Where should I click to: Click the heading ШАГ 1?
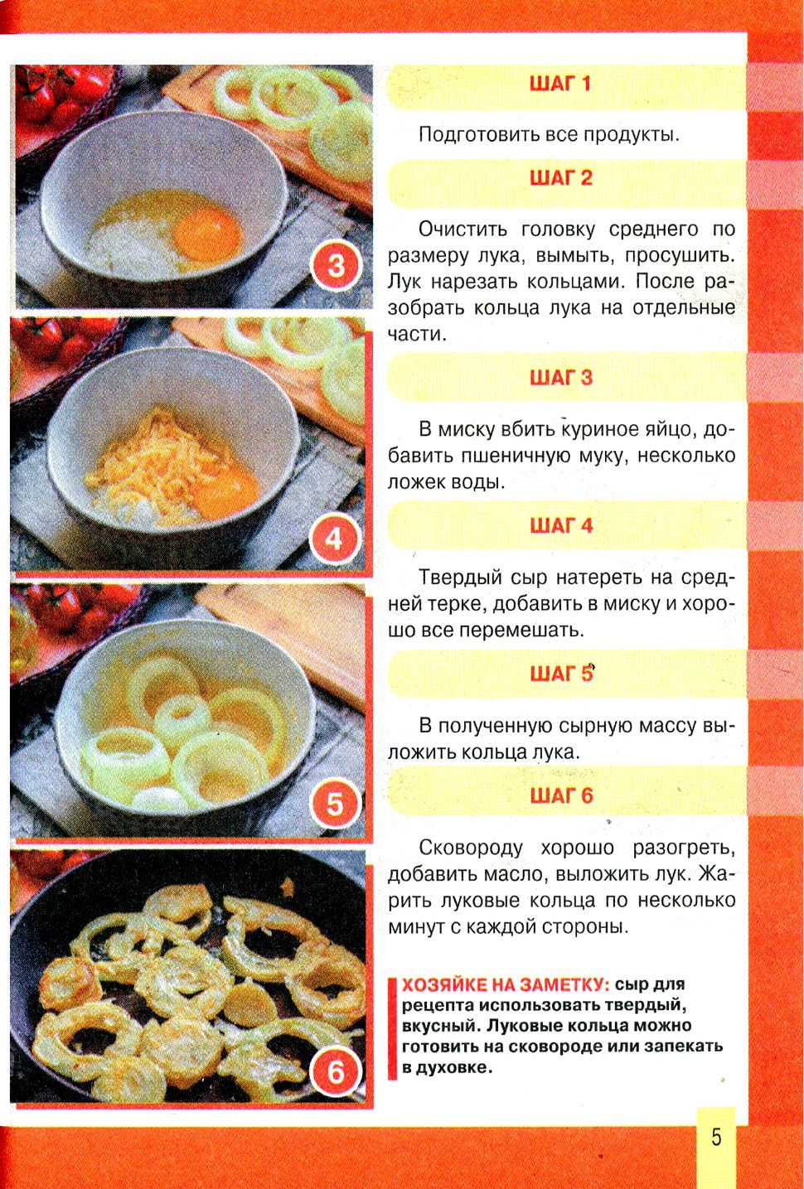tap(560, 84)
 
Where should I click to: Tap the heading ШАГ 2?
tap(561, 178)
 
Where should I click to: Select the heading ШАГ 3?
tap(561, 378)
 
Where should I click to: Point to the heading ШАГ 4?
tap(561, 525)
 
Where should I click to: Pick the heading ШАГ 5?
tap(561, 674)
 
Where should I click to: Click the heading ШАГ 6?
tap(561, 795)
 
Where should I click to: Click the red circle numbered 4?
tap(335, 540)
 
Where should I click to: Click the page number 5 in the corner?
tap(716, 1137)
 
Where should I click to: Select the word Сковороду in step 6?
tap(471, 848)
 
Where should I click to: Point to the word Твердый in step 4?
tap(460, 577)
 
